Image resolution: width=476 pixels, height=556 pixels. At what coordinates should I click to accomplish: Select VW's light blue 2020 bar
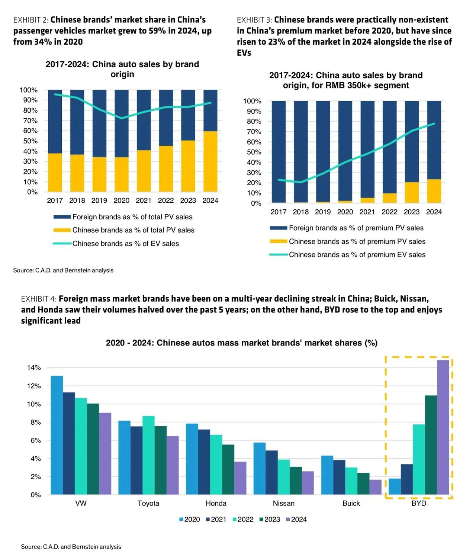point(57,435)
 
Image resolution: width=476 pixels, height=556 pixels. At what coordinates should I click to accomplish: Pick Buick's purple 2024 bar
point(375,487)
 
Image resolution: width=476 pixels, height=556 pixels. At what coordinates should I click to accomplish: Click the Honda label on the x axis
point(216,503)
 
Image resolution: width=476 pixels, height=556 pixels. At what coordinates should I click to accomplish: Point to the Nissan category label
point(283,503)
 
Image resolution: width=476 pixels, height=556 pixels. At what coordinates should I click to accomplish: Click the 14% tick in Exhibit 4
point(34,367)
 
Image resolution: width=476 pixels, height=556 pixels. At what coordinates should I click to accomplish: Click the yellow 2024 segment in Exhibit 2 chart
point(210,161)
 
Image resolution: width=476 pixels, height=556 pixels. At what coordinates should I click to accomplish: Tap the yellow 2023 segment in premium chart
point(412,192)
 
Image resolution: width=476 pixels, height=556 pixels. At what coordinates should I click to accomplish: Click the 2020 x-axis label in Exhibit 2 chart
point(121,200)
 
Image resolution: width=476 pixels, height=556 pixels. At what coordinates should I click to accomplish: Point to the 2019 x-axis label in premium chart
point(323,212)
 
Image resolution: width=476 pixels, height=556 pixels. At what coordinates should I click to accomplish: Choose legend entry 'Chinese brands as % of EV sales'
point(125,244)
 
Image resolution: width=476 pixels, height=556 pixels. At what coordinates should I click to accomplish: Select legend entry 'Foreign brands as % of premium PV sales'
point(356,228)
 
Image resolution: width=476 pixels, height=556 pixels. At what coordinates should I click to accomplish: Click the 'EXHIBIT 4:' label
point(39,299)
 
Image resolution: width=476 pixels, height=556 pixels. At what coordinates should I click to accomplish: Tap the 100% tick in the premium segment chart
point(252,101)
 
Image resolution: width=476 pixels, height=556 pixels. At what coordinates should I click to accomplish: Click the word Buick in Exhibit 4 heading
point(385,299)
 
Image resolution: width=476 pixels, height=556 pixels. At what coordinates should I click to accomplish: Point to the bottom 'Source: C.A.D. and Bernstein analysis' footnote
point(71,546)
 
